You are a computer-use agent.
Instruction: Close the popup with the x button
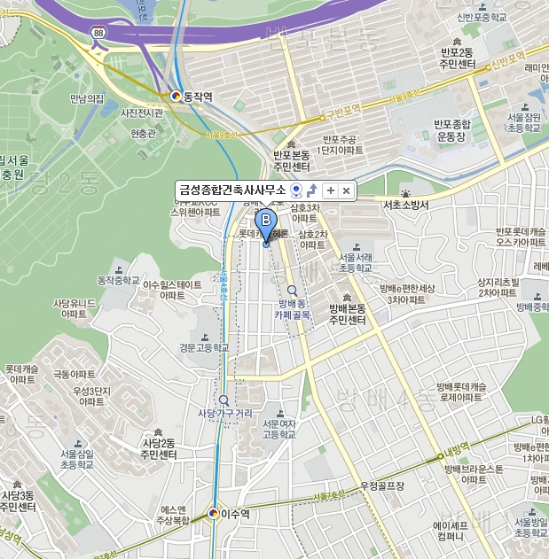click(347, 190)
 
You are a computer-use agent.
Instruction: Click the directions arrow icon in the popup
click(312, 190)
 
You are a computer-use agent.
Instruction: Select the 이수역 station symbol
click(214, 513)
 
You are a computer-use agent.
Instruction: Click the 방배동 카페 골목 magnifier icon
click(292, 290)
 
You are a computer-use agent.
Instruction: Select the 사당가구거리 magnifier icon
click(224, 400)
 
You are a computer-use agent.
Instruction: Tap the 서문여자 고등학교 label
click(281, 429)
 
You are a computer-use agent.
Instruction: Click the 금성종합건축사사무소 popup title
click(232, 190)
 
